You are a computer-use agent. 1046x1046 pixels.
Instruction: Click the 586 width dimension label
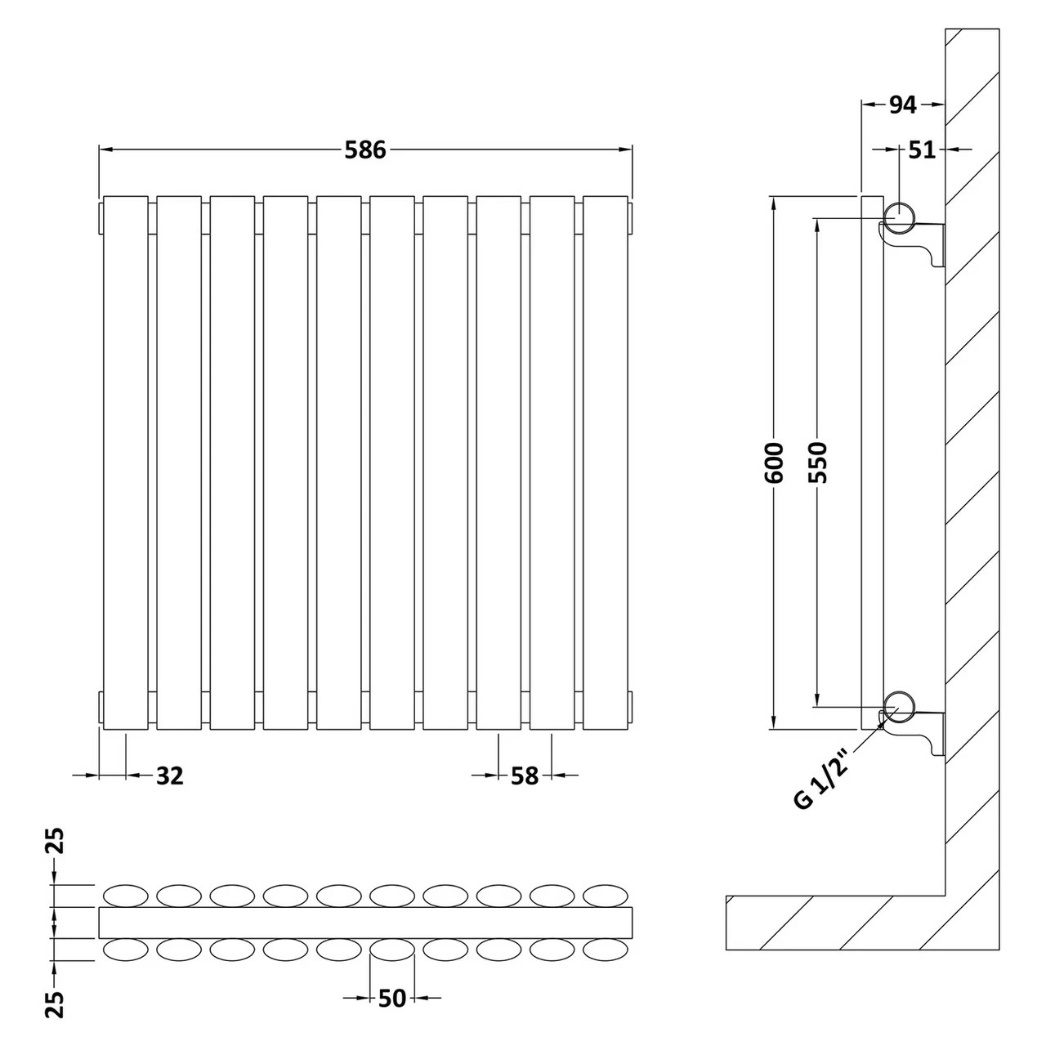click(364, 150)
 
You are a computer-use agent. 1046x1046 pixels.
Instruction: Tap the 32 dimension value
click(169, 775)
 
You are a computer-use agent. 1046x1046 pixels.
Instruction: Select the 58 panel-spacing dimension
click(525, 775)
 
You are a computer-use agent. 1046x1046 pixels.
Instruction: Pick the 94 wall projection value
click(901, 105)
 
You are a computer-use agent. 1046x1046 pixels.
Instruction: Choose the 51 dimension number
click(922, 150)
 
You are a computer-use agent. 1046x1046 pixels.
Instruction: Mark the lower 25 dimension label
click(55, 1004)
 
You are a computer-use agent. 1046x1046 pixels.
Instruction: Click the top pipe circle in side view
click(900, 216)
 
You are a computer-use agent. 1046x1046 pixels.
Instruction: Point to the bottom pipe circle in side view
click(900, 704)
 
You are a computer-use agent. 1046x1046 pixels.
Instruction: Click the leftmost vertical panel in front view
click(125, 463)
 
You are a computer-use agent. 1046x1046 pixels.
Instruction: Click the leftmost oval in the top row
click(125, 896)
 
